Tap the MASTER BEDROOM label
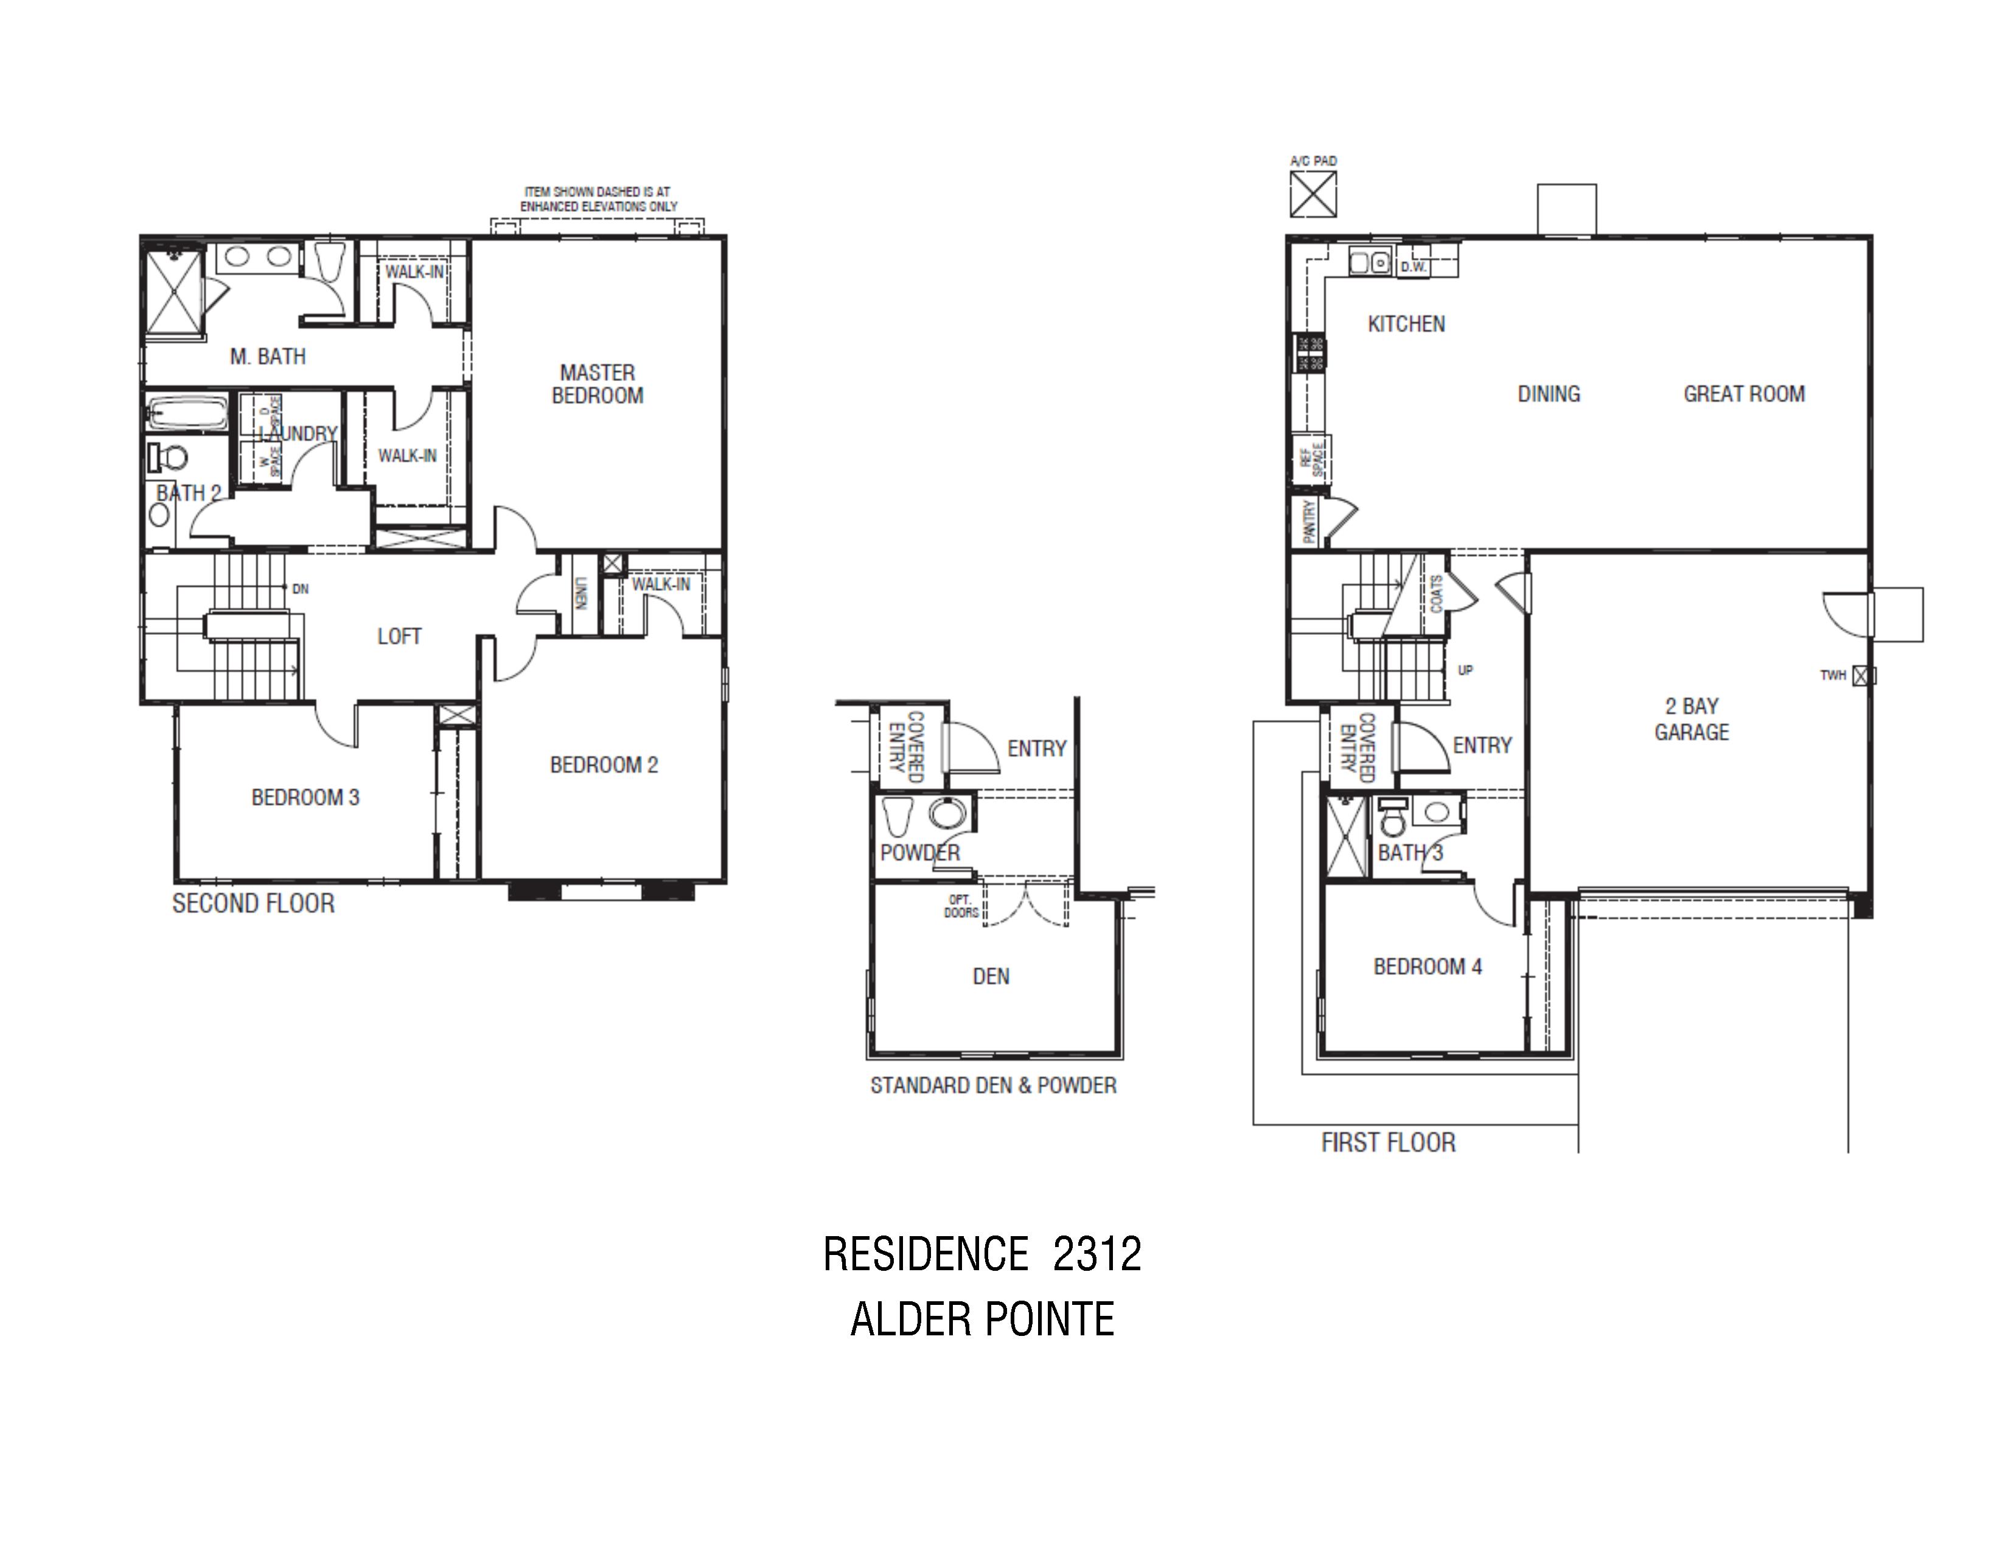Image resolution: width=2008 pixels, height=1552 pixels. pyautogui.click(x=598, y=384)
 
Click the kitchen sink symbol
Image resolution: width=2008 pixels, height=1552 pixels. pyautogui.click(x=1370, y=263)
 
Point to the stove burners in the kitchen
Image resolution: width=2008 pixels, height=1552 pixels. pyautogui.click(x=1310, y=353)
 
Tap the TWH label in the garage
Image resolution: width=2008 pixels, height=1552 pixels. pyautogui.click(x=1832, y=676)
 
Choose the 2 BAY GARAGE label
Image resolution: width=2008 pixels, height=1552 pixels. pyautogui.click(x=1692, y=719)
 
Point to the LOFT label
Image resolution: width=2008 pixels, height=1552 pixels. pyautogui.click(x=399, y=636)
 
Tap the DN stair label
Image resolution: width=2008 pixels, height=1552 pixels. pyautogui.click(x=300, y=589)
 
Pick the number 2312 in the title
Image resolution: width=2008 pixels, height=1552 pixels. pyautogui.click(x=1097, y=1255)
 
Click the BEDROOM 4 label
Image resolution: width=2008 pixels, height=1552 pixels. pyautogui.click(x=1427, y=967)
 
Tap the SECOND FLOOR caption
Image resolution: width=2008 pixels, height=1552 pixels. pyautogui.click(x=254, y=904)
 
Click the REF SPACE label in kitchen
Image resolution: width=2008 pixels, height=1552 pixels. pyautogui.click(x=1312, y=459)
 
